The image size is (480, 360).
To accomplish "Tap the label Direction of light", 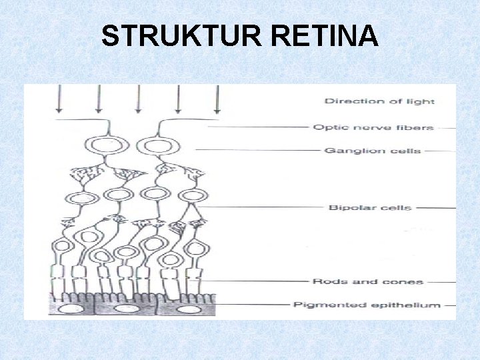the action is coord(379,101).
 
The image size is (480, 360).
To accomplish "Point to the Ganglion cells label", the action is coord(372,151).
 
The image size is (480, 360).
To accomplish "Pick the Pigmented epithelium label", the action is coord(367,305).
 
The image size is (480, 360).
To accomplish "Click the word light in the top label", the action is coord(421,101).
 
